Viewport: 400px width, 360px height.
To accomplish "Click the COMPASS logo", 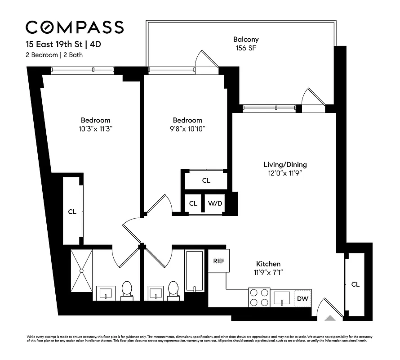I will [75, 27].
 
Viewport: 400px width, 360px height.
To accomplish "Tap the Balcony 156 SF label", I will [246, 43].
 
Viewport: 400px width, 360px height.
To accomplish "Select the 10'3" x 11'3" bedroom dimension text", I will [95, 129].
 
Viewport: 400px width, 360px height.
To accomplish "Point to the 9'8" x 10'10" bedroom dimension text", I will [187, 129].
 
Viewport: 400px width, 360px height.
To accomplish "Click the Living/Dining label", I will [285, 168].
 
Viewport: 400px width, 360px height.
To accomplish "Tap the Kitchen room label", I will [268, 268].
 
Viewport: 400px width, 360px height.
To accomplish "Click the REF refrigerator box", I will [219, 261].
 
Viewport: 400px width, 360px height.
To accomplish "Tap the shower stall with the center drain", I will [81, 271].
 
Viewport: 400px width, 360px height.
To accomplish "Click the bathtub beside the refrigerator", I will [194, 270].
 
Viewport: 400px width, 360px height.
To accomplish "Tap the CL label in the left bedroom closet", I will [72, 211].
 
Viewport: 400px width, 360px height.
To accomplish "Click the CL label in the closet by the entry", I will [355, 284].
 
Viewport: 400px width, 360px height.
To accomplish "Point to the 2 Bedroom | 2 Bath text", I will [53, 55].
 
